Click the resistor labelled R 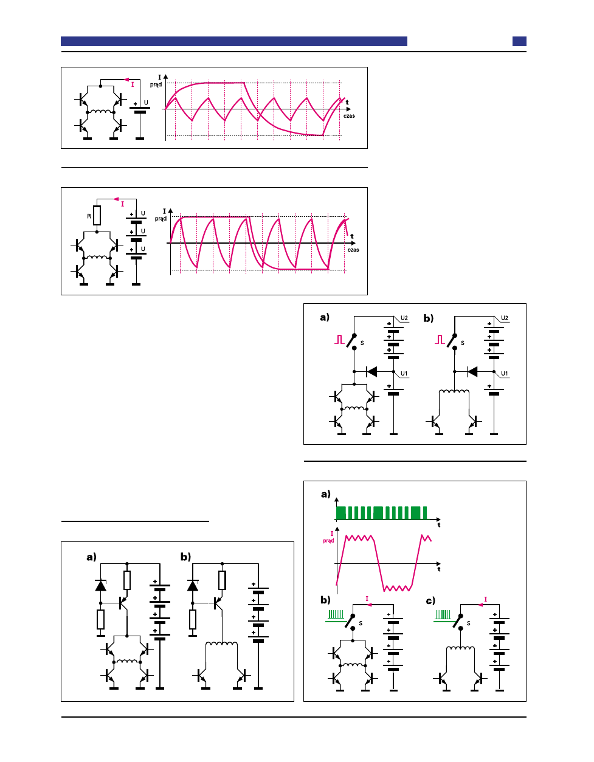97,216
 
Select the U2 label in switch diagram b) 505,318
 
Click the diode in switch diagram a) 371,371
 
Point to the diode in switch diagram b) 472,371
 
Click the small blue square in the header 519,41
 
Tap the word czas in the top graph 349,115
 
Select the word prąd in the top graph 156,84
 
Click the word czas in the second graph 353,250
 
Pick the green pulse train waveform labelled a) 382,513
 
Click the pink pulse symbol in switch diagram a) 339,340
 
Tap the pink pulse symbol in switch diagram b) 440,340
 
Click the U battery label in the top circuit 146,103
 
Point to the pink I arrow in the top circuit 128,80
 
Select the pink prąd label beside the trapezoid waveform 328,540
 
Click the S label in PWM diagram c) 468,623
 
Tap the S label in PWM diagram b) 361,623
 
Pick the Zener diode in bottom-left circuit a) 101,586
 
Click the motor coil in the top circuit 100,112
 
